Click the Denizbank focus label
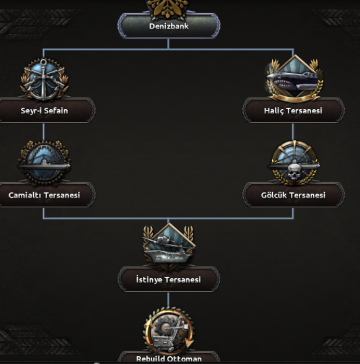169,26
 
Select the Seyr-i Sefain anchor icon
44,80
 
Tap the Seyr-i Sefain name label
44,111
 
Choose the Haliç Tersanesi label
293,111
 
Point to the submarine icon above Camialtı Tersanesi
44,163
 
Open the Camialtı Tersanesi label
44,195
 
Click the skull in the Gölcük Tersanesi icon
294,172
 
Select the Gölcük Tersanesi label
293,195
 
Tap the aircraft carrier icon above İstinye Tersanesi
169,245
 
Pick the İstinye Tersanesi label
169,280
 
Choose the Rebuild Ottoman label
169,359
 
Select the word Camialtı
25,195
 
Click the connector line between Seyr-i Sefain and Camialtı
44,132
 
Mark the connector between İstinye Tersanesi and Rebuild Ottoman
168,300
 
